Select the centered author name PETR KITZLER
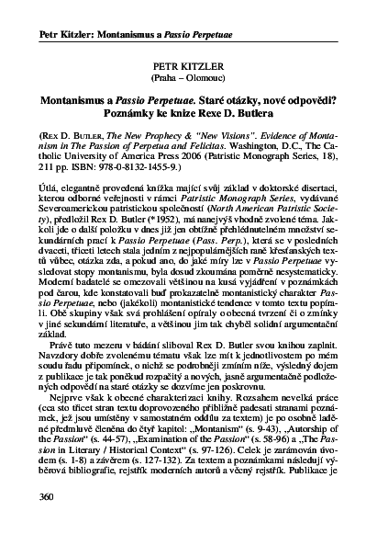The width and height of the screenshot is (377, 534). pyautogui.click(x=188, y=67)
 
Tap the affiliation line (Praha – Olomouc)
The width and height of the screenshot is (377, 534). pyautogui.click(x=188, y=78)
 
